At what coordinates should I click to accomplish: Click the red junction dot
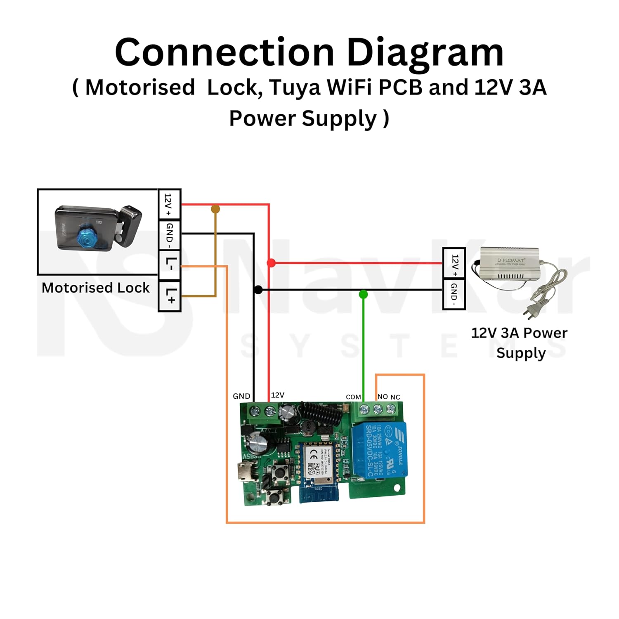coord(271,263)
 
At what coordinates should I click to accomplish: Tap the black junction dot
coord(258,290)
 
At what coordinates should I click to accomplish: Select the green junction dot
coord(363,294)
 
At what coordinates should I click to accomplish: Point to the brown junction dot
coord(215,209)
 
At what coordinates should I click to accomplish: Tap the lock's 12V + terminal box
coord(170,204)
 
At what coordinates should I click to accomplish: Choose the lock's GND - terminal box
coord(170,235)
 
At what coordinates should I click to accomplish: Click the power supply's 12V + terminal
coord(454,263)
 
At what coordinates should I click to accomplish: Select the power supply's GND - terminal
coord(454,294)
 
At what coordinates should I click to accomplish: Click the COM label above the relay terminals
coord(353,397)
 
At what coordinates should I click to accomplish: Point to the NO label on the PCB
coord(383,397)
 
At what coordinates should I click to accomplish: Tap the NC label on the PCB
coord(395,397)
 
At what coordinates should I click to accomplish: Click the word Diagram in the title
coord(425,52)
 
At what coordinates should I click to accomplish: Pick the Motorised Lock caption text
coord(96,288)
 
